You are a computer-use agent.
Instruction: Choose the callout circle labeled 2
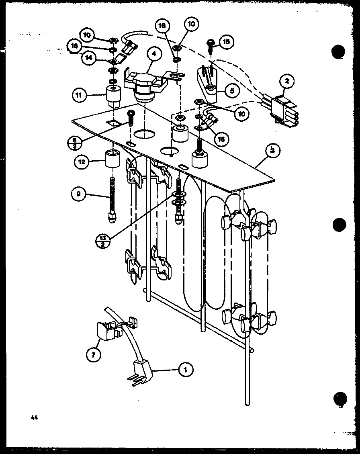287,82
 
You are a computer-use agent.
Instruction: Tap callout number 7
94,355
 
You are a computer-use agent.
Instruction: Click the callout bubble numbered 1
186,369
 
